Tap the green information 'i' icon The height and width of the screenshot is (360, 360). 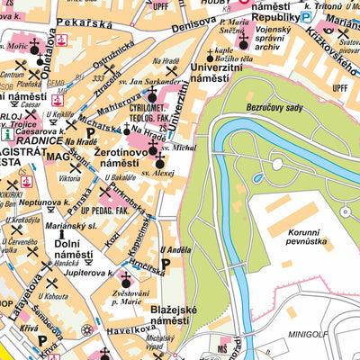(x=6, y=133)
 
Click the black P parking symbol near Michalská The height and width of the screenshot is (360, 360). (x=90, y=131)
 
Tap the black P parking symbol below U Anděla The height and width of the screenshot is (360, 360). (x=165, y=266)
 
